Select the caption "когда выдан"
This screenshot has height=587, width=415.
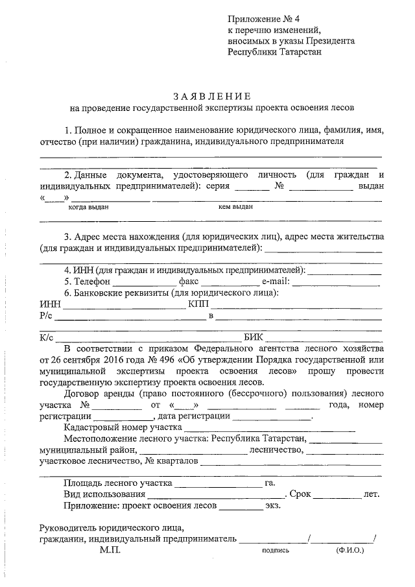point(89,208)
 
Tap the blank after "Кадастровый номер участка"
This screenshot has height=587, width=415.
point(270,429)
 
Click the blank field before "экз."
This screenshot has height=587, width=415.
point(241,506)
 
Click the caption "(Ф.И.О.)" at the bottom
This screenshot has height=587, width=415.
point(350,550)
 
